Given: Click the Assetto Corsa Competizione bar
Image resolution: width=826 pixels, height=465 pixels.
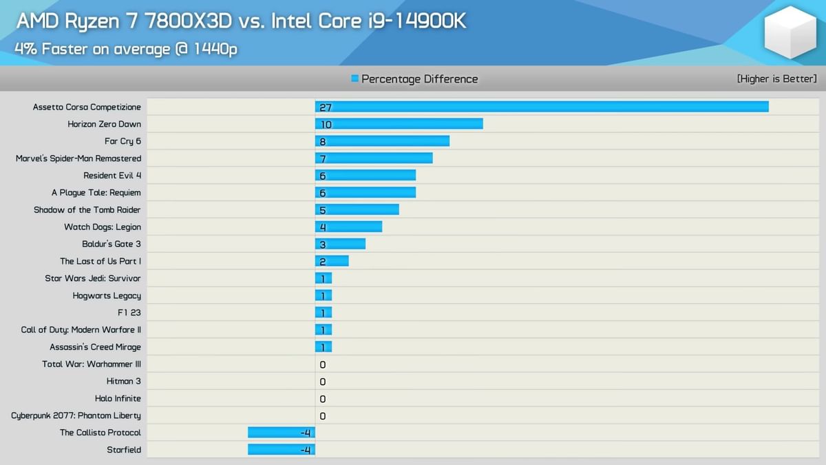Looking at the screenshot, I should (542, 107).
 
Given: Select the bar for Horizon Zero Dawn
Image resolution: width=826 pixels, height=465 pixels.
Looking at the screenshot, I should (399, 124).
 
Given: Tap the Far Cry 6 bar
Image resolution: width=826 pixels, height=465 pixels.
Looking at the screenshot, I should (382, 141).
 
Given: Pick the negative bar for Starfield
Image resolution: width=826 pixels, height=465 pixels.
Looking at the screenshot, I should (281, 450).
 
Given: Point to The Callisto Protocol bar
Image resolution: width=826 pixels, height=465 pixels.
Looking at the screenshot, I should (281, 433).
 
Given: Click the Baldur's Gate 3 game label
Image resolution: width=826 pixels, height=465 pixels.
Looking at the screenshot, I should (112, 244).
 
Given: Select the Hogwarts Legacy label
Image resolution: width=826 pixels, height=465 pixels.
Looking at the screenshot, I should (107, 296).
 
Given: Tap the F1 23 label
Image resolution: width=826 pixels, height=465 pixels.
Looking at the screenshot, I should (129, 313).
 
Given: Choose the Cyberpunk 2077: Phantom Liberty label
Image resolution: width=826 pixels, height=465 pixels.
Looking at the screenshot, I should (76, 415).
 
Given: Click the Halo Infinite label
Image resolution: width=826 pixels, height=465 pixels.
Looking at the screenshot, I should (118, 398).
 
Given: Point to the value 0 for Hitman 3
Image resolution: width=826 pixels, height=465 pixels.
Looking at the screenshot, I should (323, 382).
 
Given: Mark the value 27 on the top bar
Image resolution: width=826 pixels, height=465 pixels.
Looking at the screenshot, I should (326, 107).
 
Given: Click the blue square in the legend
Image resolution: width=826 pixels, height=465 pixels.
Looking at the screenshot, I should (354, 79).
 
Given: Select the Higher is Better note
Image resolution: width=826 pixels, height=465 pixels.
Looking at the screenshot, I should (776, 79).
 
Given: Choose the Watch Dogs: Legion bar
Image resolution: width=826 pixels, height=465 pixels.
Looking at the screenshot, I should (348, 227).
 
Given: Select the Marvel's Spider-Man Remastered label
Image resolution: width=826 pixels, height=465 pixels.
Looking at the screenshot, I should (78, 158).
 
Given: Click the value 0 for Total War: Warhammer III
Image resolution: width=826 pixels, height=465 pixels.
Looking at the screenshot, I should (323, 364).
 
